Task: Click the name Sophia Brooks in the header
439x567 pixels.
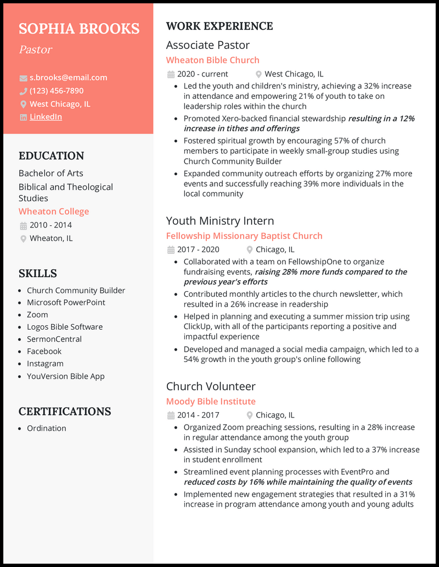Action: (79, 29)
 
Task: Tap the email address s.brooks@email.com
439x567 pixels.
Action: (68, 77)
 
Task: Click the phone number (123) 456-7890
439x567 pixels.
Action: (57, 91)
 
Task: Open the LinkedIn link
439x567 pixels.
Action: (46, 117)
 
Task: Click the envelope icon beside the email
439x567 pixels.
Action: (23, 78)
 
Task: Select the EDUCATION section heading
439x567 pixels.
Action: (51, 155)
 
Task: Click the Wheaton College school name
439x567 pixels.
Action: (54, 212)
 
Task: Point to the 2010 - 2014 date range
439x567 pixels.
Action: (50, 225)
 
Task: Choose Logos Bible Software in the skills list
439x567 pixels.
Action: (65, 327)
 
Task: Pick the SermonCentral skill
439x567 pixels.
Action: (54, 339)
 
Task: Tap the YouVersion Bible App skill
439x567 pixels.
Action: (66, 376)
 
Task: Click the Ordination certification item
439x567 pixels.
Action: (47, 428)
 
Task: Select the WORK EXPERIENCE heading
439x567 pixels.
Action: (219, 26)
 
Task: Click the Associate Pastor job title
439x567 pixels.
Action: (208, 45)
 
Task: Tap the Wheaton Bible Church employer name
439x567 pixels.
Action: (213, 60)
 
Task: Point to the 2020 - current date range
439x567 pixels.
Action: (202, 74)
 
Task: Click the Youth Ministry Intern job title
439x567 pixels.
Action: (220, 221)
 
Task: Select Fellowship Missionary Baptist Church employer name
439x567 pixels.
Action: (244, 236)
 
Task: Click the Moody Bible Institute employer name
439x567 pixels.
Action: (211, 402)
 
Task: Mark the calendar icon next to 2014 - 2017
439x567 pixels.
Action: (171, 415)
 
